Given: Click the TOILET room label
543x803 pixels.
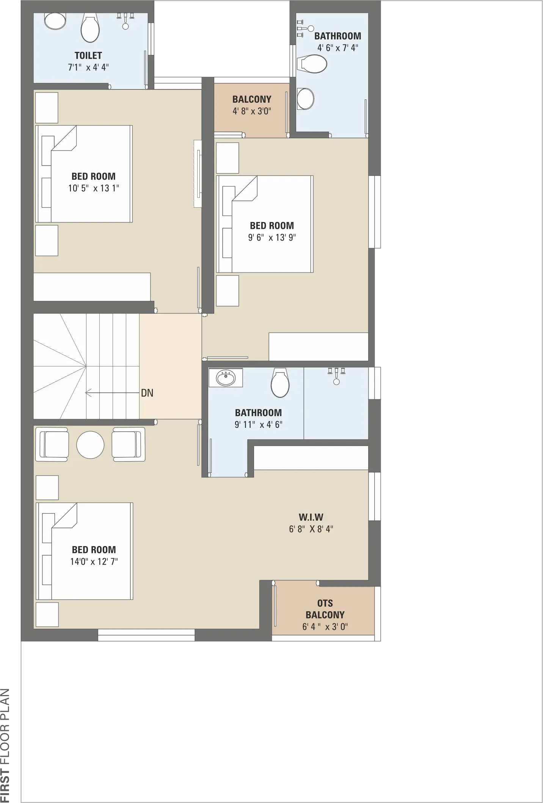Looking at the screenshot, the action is tap(88, 55).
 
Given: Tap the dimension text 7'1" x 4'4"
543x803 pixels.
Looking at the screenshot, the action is tap(88, 67).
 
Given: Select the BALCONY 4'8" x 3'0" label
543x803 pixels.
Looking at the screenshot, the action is tap(252, 105).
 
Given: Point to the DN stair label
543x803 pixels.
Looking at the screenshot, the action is tap(147, 393).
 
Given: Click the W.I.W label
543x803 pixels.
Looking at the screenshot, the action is tap(311, 517).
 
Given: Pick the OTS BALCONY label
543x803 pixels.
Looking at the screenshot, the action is tap(325, 609).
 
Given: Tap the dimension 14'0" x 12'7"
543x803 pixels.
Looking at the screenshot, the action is tap(94, 561).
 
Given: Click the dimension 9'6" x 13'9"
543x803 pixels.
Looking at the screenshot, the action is tap(272, 237).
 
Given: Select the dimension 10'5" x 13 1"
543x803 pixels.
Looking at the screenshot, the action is tap(94, 188).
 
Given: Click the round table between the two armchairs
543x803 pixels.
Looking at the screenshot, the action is tap(90, 445).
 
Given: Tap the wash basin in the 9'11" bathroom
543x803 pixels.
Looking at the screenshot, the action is tap(226, 378).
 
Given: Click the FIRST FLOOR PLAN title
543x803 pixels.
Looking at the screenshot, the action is tap(5, 745).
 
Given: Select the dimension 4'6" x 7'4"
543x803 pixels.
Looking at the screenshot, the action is tap(337, 48).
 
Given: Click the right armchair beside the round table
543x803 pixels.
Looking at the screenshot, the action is tap(129, 445).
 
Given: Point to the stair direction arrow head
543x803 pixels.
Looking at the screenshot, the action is tap(86, 393).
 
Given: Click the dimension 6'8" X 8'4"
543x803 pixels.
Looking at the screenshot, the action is tap(311, 529).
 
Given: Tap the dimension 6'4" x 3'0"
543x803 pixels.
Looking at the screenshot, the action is tap(325, 626).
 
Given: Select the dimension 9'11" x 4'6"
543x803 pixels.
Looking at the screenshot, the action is tap(258, 424).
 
